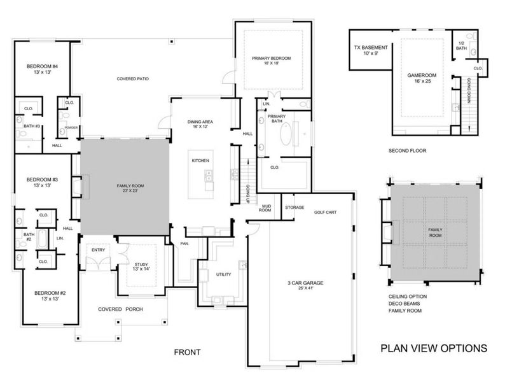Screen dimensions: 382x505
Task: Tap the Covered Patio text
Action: [132, 80]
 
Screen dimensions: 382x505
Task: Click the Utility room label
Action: [223, 274]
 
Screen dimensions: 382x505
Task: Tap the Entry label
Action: [98, 250]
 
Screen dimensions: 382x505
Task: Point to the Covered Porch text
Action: [120, 309]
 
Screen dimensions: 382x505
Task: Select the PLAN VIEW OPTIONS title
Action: [434, 348]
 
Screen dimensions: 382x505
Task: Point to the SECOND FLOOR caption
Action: [406, 151]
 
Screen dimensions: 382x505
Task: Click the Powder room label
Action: [71, 127]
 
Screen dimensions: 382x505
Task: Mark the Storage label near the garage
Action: [294, 208]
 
